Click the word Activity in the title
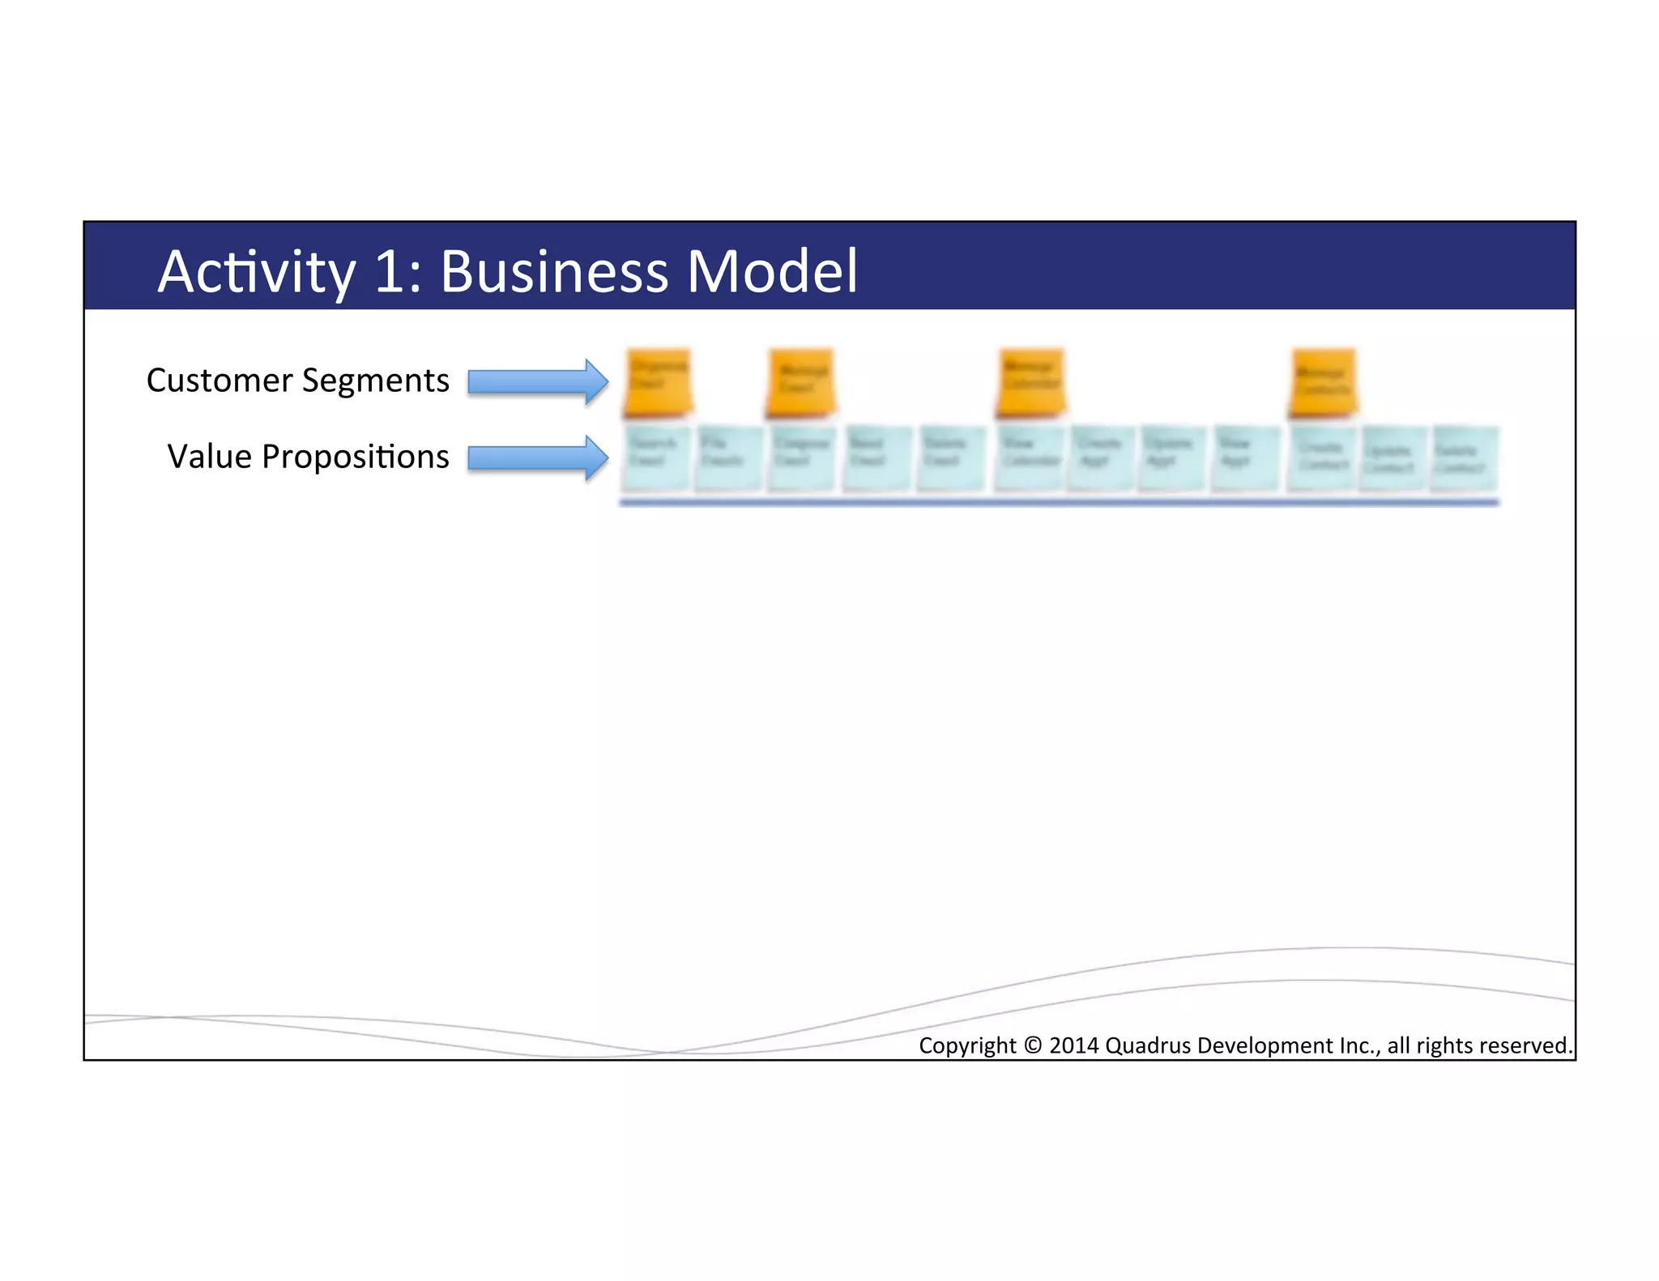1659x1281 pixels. pos(256,272)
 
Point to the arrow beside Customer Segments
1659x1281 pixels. pos(538,381)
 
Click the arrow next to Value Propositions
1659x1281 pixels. pos(538,457)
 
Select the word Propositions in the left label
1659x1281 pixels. pos(355,457)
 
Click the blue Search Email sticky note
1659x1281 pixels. pos(656,457)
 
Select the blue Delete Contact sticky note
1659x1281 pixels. pos(1463,459)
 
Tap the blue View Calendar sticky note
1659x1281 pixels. pos(1029,457)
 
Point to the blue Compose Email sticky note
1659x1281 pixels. pos(800,457)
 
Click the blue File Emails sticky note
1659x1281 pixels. pos(727,457)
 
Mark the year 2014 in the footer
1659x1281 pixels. pos(1074,1045)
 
